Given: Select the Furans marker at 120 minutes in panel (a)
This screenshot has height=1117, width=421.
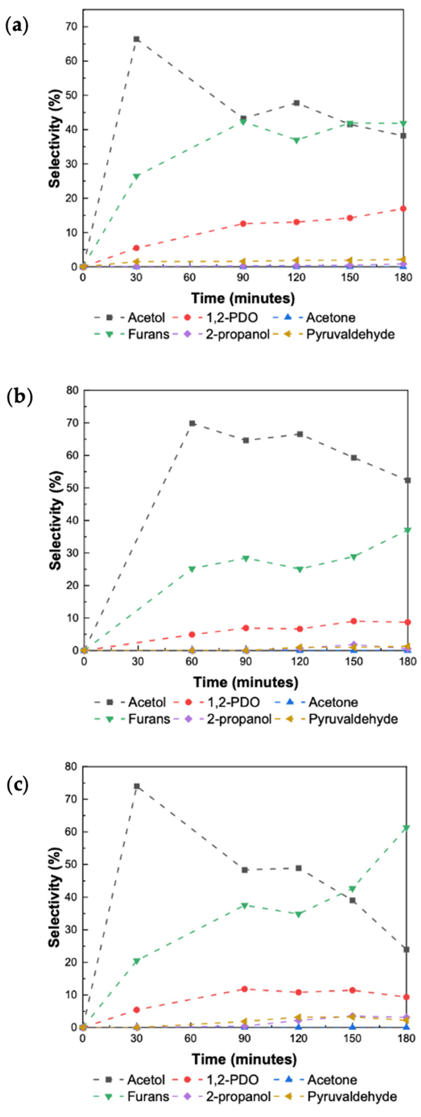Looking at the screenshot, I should click(297, 141).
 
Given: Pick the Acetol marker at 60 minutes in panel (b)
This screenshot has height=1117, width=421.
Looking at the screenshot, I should click(192, 423).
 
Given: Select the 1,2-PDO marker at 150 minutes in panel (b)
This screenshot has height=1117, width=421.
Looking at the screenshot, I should click(354, 621).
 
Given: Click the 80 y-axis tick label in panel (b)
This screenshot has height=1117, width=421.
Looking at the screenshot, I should click(72, 390).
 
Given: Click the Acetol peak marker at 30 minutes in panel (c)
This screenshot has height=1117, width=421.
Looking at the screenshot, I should click(137, 786).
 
